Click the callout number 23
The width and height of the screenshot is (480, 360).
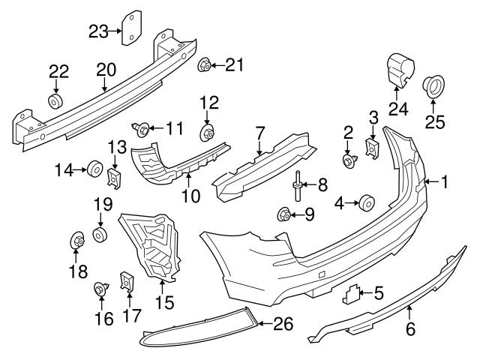point(98,31)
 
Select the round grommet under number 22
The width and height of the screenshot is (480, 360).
point(56,100)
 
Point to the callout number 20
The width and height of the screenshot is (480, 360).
point(106,70)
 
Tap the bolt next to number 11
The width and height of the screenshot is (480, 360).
point(141,130)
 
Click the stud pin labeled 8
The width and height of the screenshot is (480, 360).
point(298,183)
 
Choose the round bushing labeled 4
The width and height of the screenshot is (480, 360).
point(367,202)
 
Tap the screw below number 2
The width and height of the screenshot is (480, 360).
point(348,160)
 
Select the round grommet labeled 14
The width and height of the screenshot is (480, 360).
point(95,169)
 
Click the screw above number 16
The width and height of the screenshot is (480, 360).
point(100,287)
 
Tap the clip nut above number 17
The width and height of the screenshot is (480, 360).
point(127,281)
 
